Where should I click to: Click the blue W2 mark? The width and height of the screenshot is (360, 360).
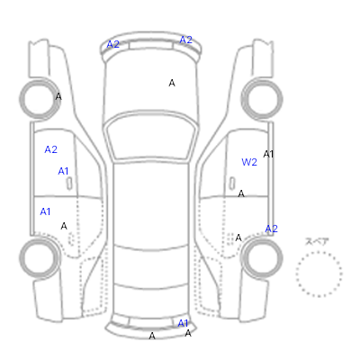pyautogui.click(x=249, y=162)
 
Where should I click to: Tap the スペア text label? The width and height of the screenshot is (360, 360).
pyautogui.click(x=317, y=242)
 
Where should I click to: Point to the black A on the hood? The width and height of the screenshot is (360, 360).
pyautogui.click(x=172, y=83)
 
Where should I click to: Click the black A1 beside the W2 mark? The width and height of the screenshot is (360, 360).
pyautogui.click(x=268, y=154)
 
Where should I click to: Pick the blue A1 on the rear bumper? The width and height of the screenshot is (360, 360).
pyautogui.click(x=183, y=323)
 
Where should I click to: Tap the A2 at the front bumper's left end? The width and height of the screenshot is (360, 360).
pyautogui.click(x=113, y=44)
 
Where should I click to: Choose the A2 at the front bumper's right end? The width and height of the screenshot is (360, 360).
pyautogui.click(x=185, y=40)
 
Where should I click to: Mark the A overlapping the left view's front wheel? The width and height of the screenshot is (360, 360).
pyautogui.click(x=58, y=96)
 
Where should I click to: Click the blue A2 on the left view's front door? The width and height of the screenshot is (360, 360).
pyautogui.click(x=50, y=149)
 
